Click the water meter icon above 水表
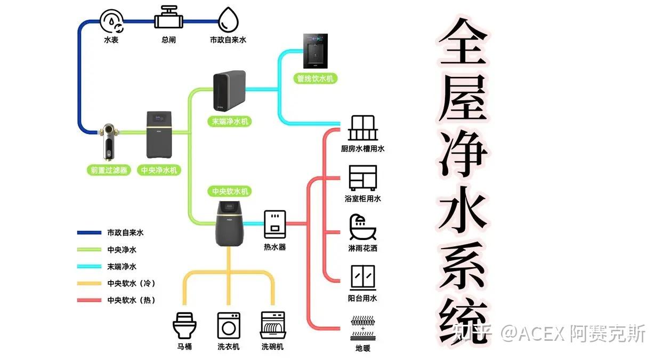pyautogui.click(x=111, y=21)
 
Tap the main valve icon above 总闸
pyautogui.click(x=169, y=19)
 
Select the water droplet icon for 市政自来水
pyautogui.click(x=229, y=20)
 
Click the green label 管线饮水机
pyautogui.click(x=317, y=78)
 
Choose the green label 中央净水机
pyautogui.click(x=159, y=170)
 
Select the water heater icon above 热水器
pyautogui.click(x=275, y=224)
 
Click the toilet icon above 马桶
pyautogui.click(x=185, y=325)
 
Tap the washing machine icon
pyautogui.click(x=229, y=325)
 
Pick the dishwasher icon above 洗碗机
pyautogui.click(x=273, y=325)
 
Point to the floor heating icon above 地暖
pyautogui.click(x=362, y=329)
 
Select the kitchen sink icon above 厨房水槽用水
pyautogui.click(x=362, y=129)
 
